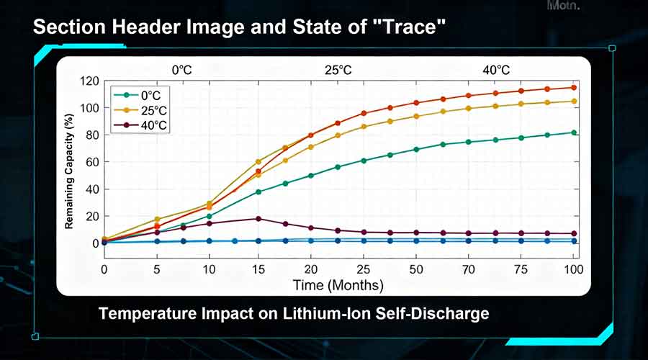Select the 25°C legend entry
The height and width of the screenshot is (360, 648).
(141, 110)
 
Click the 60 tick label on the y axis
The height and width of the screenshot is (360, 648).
(91, 162)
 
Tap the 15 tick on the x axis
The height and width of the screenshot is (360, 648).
(258, 269)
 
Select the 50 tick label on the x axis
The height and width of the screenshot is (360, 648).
(416, 269)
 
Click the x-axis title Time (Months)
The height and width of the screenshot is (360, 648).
(338, 285)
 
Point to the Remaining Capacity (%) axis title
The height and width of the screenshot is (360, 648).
(70, 171)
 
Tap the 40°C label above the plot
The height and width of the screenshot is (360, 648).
(495, 70)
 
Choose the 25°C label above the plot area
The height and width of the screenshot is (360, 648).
(338, 70)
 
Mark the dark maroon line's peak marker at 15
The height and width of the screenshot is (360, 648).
(258, 219)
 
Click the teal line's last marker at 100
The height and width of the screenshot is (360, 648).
(574, 132)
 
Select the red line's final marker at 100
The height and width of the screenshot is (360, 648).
(574, 87)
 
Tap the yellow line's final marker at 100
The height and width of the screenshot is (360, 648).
(574, 101)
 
